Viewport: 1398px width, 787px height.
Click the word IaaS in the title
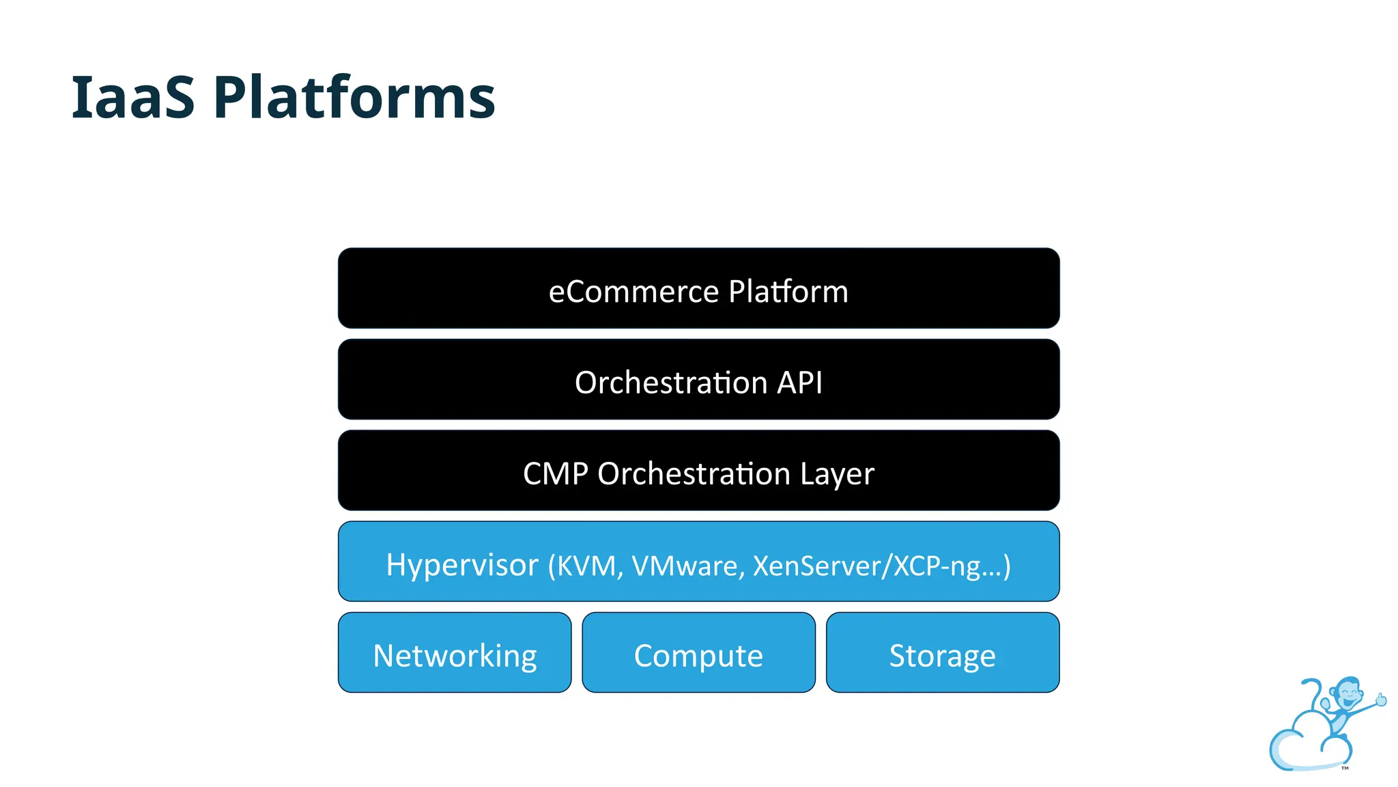[x=133, y=98]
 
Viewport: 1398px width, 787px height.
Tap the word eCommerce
[x=633, y=292]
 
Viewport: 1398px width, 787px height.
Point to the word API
[x=799, y=383]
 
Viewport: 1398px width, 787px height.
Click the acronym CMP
[x=555, y=474]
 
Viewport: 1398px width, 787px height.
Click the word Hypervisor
[x=462, y=565]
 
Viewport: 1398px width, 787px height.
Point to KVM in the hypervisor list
[x=586, y=566]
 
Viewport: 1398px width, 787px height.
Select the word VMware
[x=685, y=566]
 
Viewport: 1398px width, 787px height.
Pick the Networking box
[x=455, y=652]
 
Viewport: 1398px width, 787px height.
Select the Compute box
[x=698, y=652]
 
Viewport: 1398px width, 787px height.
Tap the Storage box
[x=942, y=652]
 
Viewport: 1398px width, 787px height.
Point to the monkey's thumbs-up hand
[x=1381, y=700]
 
